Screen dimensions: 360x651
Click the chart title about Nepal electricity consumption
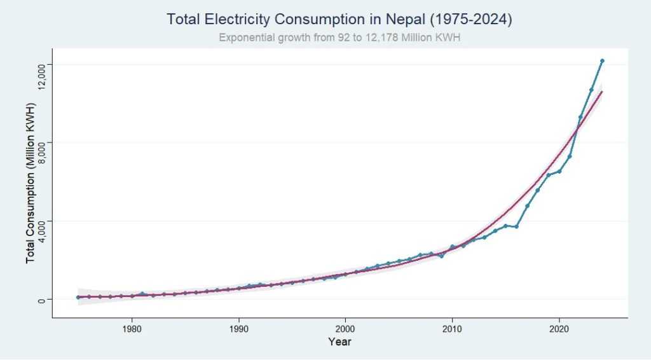(x=339, y=20)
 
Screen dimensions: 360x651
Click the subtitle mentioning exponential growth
(x=339, y=38)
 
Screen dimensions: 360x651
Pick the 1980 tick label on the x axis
(x=132, y=330)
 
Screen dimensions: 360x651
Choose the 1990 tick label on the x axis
(x=238, y=330)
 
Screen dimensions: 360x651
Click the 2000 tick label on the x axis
(x=345, y=330)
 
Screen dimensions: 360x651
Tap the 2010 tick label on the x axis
(x=452, y=330)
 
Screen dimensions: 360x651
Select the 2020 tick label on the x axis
(x=559, y=330)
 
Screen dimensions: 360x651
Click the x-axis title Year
(x=339, y=342)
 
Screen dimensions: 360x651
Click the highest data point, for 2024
(x=602, y=60)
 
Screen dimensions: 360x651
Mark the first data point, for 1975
(x=78, y=297)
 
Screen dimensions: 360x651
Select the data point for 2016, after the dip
(x=516, y=226)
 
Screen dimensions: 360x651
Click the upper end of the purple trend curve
(x=601, y=92)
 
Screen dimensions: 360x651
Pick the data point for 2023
(x=591, y=90)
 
